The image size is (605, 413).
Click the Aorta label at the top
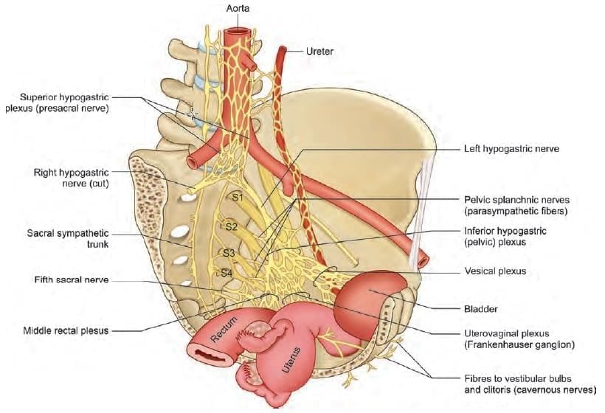pos(238,8)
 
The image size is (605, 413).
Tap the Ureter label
pos(320,52)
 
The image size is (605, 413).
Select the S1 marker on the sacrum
pos(238,197)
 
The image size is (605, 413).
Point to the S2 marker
pos(232,226)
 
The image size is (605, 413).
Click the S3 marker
pos(229,253)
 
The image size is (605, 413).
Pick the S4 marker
pos(229,272)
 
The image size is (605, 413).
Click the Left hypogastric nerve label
pos(511,148)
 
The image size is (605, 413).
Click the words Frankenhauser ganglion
pos(513,344)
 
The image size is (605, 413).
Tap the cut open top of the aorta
pos(238,33)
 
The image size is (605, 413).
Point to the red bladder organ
pos(369,299)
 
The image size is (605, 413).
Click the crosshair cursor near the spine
pos(193,114)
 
